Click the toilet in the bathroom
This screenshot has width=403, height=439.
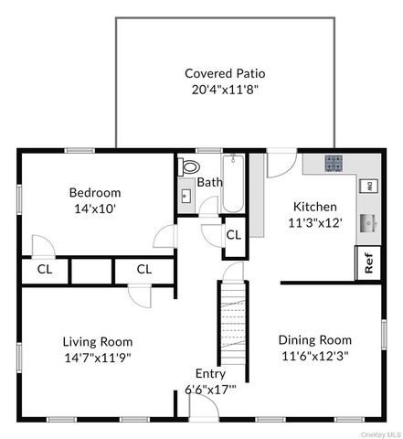(x=189, y=166)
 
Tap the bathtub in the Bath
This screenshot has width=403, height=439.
(x=233, y=184)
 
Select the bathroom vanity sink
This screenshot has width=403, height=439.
(x=186, y=196)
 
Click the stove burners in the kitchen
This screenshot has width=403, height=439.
(x=334, y=163)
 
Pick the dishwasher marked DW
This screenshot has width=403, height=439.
(x=369, y=186)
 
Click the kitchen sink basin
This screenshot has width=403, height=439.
(x=368, y=223)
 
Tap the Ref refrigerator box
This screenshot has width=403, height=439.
(x=368, y=262)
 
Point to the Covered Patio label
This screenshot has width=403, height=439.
(x=225, y=73)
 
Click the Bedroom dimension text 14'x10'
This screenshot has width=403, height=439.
(x=95, y=209)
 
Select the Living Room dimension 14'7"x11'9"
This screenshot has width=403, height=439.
(x=98, y=358)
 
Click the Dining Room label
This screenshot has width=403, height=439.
(x=315, y=340)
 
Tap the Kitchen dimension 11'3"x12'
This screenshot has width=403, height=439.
(x=315, y=223)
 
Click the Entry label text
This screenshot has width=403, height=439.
(x=210, y=374)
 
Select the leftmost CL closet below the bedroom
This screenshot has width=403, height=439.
(x=45, y=269)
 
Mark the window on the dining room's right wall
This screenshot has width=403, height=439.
(x=384, y=335)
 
